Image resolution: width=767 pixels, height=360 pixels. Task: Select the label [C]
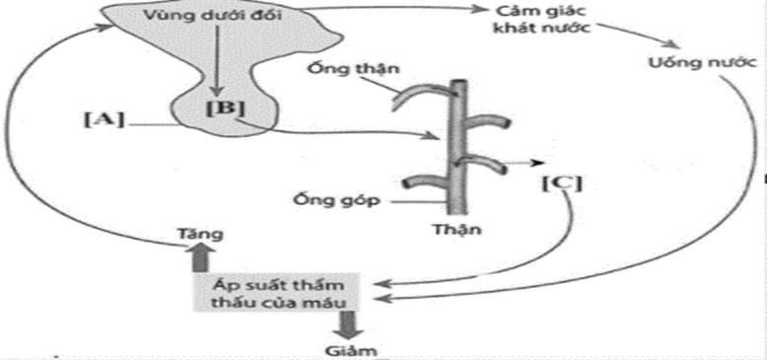click(x=560, y=182)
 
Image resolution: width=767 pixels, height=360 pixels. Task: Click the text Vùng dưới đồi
click(x=198, y=17)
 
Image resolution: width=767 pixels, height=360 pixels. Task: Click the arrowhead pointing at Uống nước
click(x=673, y=49)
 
